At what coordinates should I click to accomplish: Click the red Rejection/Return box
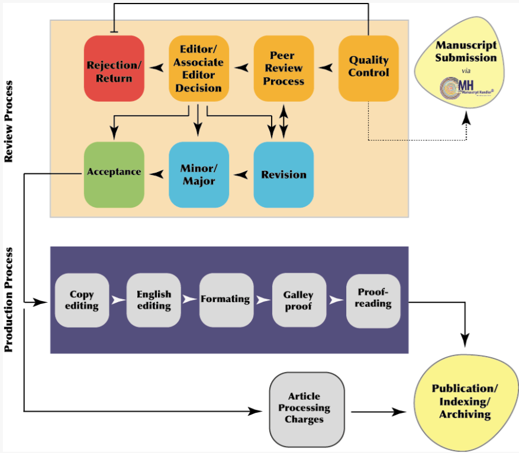(x=114, y=68)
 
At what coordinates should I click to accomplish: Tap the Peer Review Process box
(x=283, y=68)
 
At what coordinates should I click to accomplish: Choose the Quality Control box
(x=368, y=68)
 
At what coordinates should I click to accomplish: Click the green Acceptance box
(x=114, y=173)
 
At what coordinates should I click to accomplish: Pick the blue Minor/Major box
(x=199, y=174)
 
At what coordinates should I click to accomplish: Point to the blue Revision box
(x=283, y=174)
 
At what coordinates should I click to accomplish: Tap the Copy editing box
(x=82, y=300)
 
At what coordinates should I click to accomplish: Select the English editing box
(x=154, y=300)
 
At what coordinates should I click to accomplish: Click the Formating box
(x=225, y=300)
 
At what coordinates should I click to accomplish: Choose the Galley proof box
(x=298, y=300)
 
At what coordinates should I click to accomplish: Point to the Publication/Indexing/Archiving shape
(x=465, y=402)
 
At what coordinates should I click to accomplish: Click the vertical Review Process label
(x=9, y=122)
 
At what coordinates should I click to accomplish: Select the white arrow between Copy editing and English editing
(x=118, y=300)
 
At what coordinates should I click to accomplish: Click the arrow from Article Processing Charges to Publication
(x=379, y=412)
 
